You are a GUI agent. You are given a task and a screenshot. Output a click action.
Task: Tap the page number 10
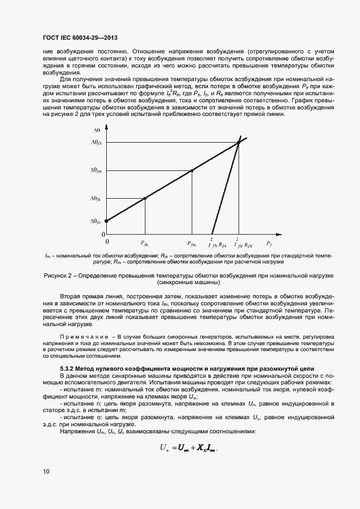46,471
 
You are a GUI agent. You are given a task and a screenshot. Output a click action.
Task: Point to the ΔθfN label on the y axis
96,143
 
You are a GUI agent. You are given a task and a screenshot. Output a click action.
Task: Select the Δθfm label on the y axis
96,170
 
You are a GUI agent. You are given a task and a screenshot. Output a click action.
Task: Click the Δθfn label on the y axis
96,199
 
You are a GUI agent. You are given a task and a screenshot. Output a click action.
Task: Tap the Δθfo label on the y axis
96,221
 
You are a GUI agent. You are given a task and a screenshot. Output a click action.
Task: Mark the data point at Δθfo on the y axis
106,221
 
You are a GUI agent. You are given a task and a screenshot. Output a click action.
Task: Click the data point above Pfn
144,198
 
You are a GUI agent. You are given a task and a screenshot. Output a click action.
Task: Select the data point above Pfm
192,170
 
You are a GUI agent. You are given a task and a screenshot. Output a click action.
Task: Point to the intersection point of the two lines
239,143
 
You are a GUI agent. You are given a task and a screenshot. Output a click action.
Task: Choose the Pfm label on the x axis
191,244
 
